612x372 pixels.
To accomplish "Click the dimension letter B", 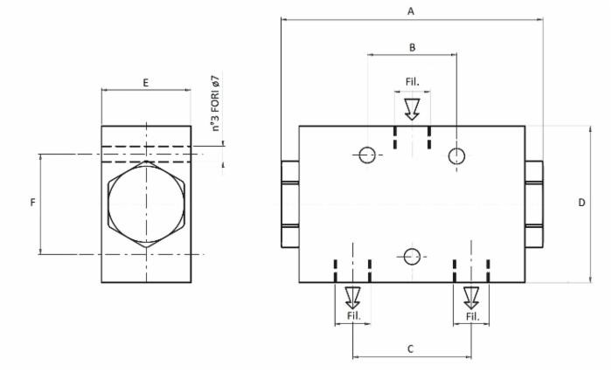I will pyautogui.click(x=412, y=47).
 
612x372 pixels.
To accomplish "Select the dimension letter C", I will pyautogui.click(x=410, y=348).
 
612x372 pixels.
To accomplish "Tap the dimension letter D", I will pyautogui.click(x=581, y=203).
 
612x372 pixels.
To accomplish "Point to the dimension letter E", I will pyautogui.click(x=145, y=82).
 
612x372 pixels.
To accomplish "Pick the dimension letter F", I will pyautogui.click(x=32, y=203).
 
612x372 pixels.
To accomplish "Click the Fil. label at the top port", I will pyautogui.click(x=412, y=82).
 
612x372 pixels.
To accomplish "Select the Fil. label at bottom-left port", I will pyautogui.click(x=353, y=315).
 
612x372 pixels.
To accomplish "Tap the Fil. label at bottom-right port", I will pyautogui.click(x=471, y=315).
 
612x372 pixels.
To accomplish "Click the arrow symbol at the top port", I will pyautogui.click(x=412, y=108).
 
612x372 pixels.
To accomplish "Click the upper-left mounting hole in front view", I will pyautogui.click(x=366, y=155).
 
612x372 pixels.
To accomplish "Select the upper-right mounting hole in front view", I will pyautogui.click(x=456, y=155).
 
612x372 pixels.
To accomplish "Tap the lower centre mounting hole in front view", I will pyautogui.click(x=412, y=256).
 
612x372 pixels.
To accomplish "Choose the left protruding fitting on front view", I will pyautogui.click(x=289, y=203).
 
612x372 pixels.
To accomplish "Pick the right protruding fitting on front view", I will pyautogui.click(x=534, y=203).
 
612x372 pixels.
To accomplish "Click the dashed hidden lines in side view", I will pyautogui.click(x=146, y=154).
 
